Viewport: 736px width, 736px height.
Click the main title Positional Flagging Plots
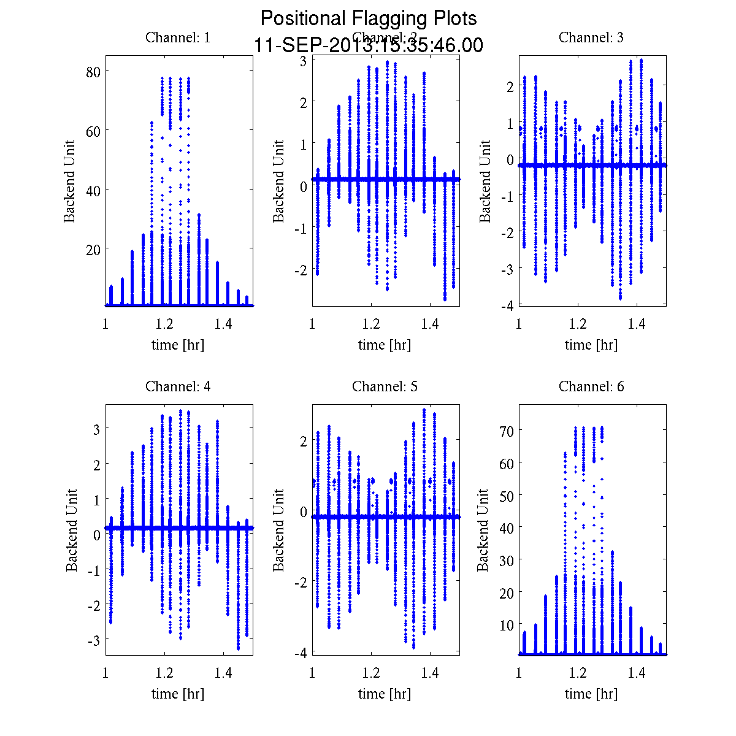[369, 18]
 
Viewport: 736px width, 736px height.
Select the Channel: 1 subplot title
[178, 37]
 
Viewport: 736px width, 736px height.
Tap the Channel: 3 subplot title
[591, 37]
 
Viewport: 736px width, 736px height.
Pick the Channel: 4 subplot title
[178, 386]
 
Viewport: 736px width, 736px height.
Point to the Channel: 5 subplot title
[385, 386]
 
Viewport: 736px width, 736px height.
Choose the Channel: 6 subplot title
[591, 386]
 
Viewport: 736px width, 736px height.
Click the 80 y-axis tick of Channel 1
[94, 71]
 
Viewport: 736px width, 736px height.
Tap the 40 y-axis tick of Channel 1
[94, 190]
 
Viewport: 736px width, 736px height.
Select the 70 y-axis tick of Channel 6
[506, 431]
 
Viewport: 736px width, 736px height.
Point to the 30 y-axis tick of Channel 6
[506, 560]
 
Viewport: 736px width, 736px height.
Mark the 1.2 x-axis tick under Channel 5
[371, 673]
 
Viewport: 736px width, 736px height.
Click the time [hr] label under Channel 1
[178, 345]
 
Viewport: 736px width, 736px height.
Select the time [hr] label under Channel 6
[591, 694]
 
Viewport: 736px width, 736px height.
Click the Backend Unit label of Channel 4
[72, 530]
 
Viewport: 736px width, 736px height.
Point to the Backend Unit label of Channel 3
[485, 181]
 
